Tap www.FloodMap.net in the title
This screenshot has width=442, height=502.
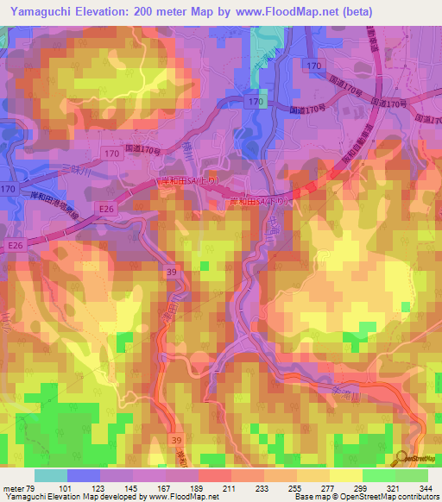[272, 12]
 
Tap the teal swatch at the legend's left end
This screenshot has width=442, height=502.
[50, 475]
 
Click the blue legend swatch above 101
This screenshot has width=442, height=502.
[84, 475]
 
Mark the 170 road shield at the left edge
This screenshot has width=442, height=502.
[9, 188]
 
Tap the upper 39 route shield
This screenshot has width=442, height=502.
[172, 271]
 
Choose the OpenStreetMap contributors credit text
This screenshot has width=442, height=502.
[391, 497]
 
